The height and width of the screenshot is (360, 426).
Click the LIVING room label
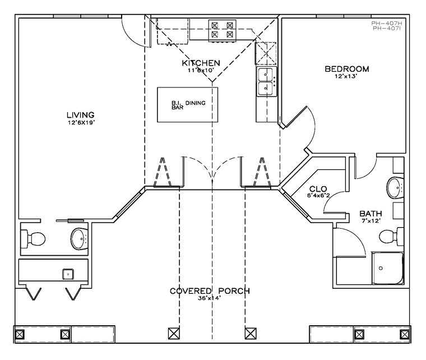[x=81, y=115]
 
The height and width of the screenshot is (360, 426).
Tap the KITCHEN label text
[x=201, y=63]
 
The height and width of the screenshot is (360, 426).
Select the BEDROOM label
[x=347, y=69]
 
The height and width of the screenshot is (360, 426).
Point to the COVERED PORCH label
[x=210, y=291]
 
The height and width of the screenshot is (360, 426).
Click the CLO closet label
[x=318, y=189]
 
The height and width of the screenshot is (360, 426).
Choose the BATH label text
[x=371, y=214]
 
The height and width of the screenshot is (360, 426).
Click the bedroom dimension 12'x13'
[x=346, y=76]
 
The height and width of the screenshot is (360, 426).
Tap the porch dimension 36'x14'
[x=209, y=298]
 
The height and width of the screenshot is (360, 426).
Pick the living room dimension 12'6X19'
[x=81, y=123]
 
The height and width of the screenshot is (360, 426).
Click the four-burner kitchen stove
[x=222, y=30]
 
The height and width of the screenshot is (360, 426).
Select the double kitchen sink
[x=266, y=81]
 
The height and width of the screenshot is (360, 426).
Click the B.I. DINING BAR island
[x=187, y=105]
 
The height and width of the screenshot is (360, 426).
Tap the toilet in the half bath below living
[x=33, y=239]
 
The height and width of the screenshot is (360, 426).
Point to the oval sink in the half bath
[x=80, y=239]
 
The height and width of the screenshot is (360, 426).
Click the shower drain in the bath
[x=381, y=269]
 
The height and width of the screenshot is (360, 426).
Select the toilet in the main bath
[x=391, y=237]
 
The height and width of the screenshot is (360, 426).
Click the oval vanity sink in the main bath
[x=395, y=188]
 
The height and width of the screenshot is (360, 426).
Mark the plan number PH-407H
[x=386, y=24]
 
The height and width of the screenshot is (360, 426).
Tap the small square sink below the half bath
[x=68, y=274]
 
